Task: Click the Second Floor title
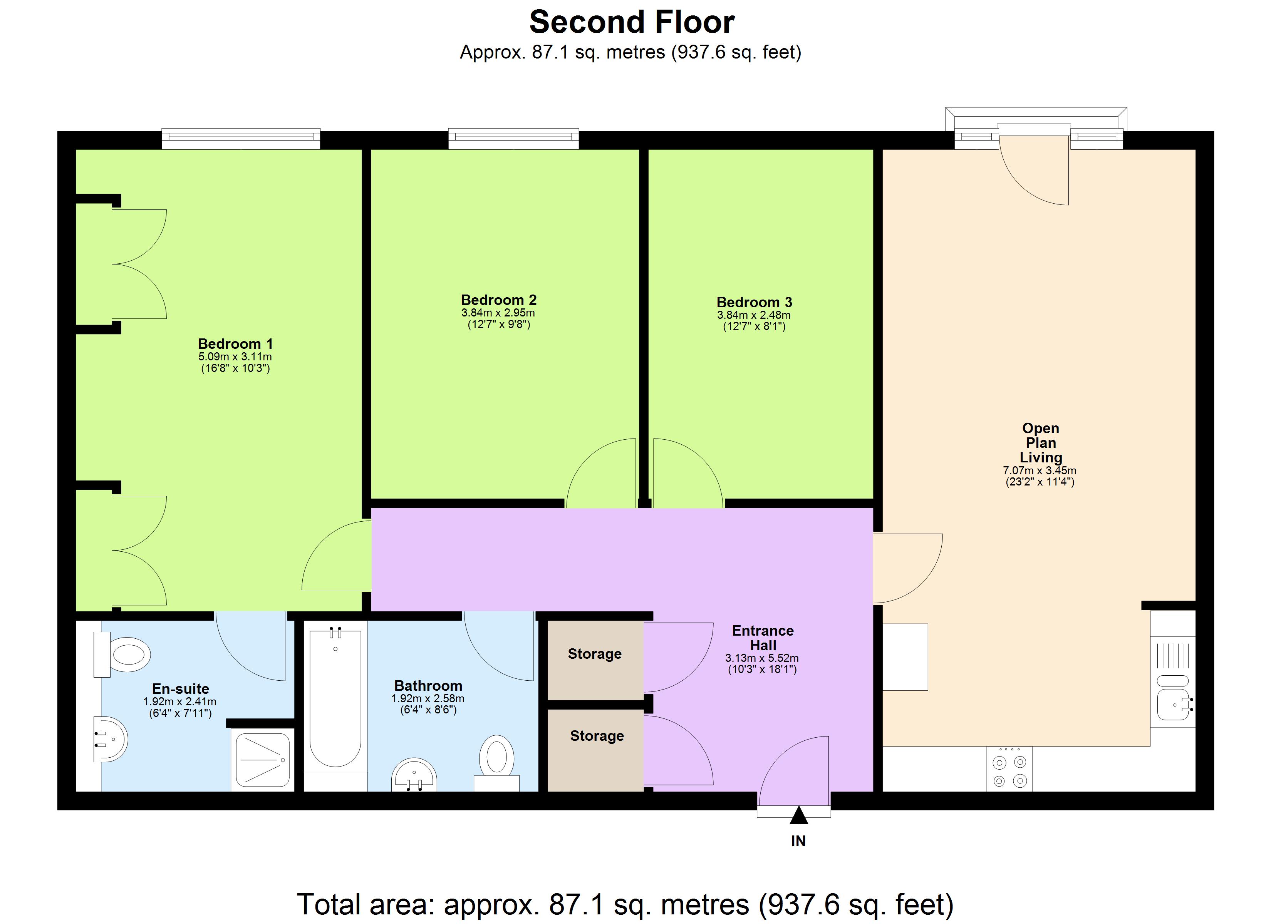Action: [x=632, y=22]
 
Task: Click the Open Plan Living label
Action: [x=1040, y=443]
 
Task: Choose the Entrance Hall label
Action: [x=762, y=638]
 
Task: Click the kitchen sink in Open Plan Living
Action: [x=1173, y=704]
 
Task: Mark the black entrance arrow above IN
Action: [x=798, y=815]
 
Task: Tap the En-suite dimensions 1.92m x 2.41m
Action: [x=179, y=701]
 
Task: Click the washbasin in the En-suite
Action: [x=111, y=740]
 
